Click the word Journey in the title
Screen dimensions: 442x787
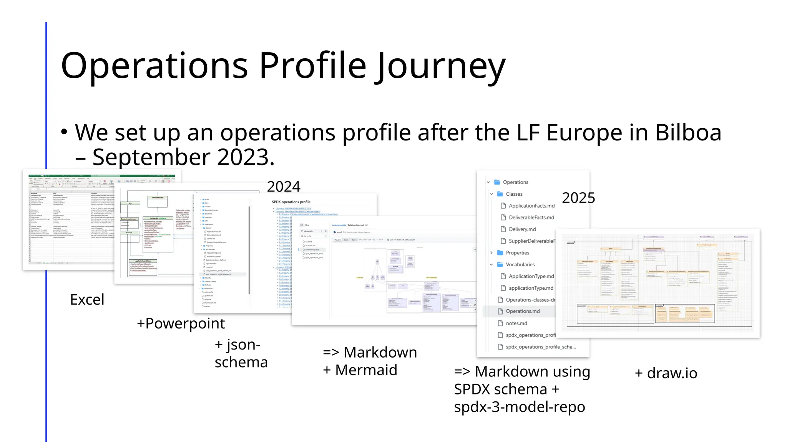click(441, 66)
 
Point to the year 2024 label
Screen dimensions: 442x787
click(284, 187)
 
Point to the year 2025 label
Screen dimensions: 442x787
click(578, 198)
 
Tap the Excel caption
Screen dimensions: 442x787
click(87, 300)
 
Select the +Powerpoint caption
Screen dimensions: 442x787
click(181, 323)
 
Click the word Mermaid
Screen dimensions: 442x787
click(366, 370)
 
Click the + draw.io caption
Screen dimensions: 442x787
click(666, 373)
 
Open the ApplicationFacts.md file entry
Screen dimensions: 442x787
click(531, 206)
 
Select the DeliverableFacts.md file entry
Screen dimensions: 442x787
click(531, 218)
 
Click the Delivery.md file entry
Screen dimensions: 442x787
click(522, 229)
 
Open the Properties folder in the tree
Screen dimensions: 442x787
click(517, 253)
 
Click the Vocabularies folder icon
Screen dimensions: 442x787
click(500, 264)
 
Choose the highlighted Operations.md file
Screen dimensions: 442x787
click(523, 311)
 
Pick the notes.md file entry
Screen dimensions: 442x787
click(516, 323)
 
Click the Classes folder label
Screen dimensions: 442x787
click(514, 194)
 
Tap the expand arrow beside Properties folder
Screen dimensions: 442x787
click(491, 253)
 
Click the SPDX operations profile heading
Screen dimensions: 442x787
click(291, 202)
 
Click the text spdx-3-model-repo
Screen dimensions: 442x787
click(519, 407)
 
